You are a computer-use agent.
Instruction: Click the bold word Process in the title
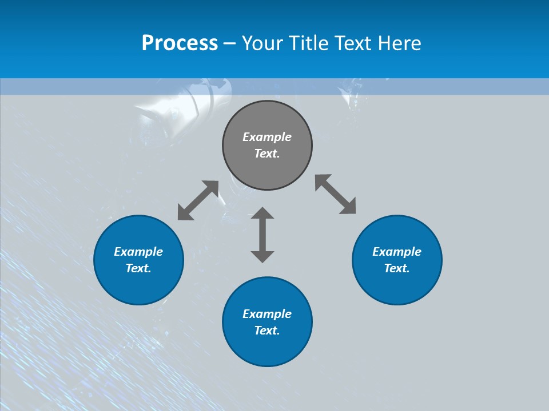tap(180, 43)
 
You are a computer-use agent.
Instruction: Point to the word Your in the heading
tap(264, 43)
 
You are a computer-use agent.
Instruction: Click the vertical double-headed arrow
tap(262, 235)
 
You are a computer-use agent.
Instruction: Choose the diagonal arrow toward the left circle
tap(198, 200)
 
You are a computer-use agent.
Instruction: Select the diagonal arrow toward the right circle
tap(336, 195)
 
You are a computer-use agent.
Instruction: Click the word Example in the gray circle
tap(267, 137)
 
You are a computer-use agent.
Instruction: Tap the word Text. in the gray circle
tap(267, 154)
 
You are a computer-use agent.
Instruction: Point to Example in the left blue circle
tap(138, 252)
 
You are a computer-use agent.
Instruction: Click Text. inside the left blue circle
tap(138, 268)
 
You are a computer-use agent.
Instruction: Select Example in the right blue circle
tap(397, 252)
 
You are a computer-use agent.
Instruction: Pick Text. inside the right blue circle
tap(397, 268)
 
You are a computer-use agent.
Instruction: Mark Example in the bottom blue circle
tap(267, 314)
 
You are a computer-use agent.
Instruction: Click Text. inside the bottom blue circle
tap(267, 331)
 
